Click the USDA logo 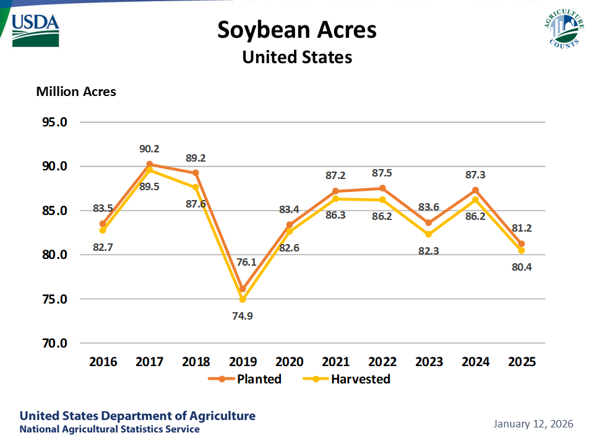[35, 29]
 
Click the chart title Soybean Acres [297, 30]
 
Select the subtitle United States [297, 57]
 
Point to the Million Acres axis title [76, 92]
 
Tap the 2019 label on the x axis [243, 362]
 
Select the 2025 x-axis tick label [521, 362]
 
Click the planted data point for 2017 [150, 164]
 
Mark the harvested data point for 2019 [243, 300]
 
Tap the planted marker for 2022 [382, 188]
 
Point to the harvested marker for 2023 [428, 234]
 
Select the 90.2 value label [149, 149]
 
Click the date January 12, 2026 [533, 424]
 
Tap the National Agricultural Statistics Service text [110, 429]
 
